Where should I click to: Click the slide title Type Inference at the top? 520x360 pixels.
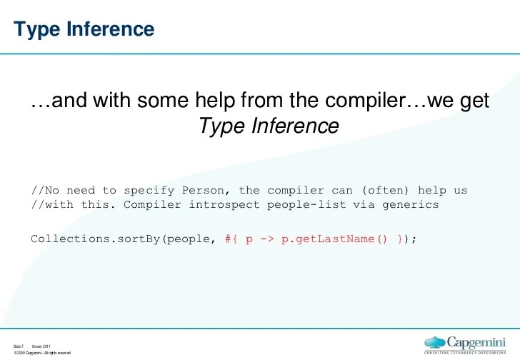coord(84,29)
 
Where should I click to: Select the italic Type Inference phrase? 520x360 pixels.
coord(268,126)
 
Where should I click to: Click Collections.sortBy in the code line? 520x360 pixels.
coord(96,239)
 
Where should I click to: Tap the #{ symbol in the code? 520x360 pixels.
coord(229,239)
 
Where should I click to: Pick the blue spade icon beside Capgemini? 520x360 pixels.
coord(436,342)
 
